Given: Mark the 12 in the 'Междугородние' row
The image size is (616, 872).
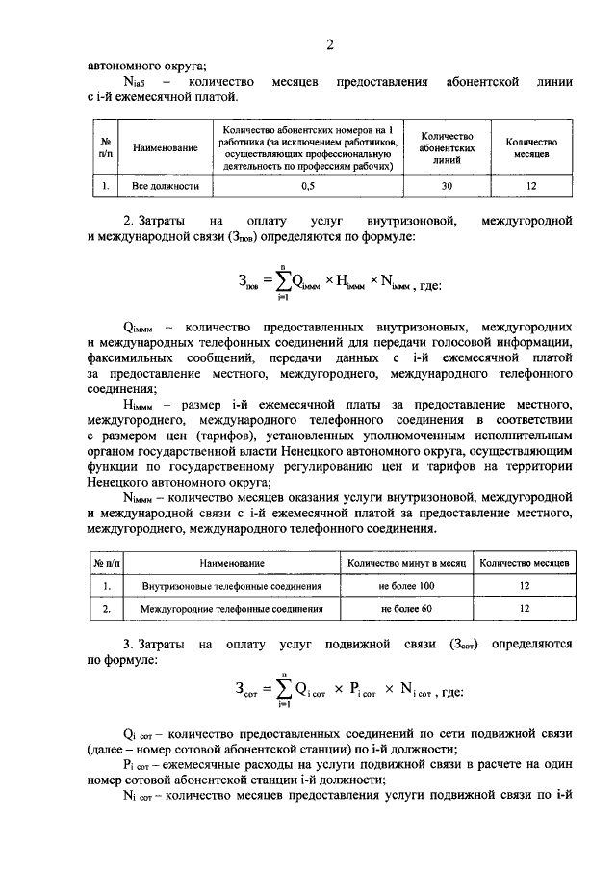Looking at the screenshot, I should click(525, 609).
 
